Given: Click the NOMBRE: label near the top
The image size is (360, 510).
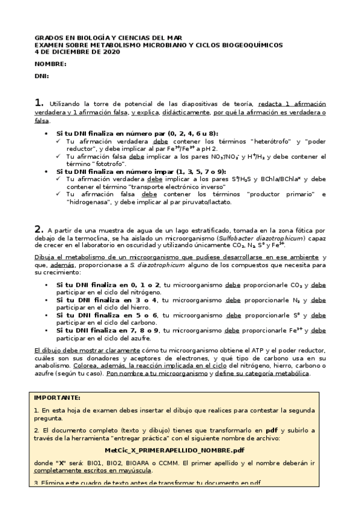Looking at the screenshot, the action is (50, 64).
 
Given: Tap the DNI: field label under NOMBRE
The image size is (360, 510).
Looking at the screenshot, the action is (41, 76).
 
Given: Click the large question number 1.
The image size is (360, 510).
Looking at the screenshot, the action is (38, 103).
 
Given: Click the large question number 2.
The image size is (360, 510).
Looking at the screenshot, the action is (38, 229).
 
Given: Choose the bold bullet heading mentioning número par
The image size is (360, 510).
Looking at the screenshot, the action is (137, 133).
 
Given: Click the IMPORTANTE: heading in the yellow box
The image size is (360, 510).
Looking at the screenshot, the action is (57, 398).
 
